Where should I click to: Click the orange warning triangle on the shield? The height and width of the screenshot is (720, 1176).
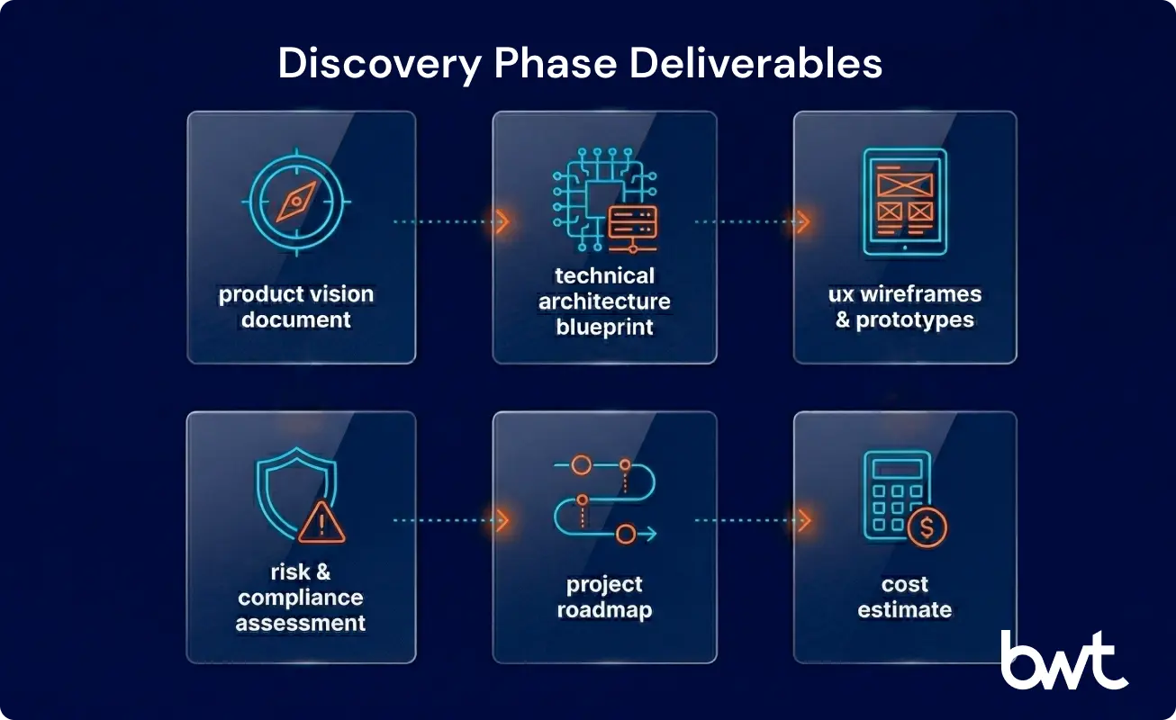pos(321,523)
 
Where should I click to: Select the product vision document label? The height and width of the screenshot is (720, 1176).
pos(296,307)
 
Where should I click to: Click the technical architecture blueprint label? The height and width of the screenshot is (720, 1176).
pos(604,301)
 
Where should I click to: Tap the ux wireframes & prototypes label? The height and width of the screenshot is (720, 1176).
pos(905,307)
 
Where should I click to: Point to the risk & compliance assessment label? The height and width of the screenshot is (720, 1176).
pos(301,597)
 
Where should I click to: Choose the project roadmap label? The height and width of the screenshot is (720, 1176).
pos(604,597)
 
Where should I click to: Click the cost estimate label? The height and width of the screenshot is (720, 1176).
pos(905,597)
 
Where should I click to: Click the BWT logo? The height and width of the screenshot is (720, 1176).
pos(1063,661)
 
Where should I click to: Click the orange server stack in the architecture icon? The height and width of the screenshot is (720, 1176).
pos(632,220)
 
